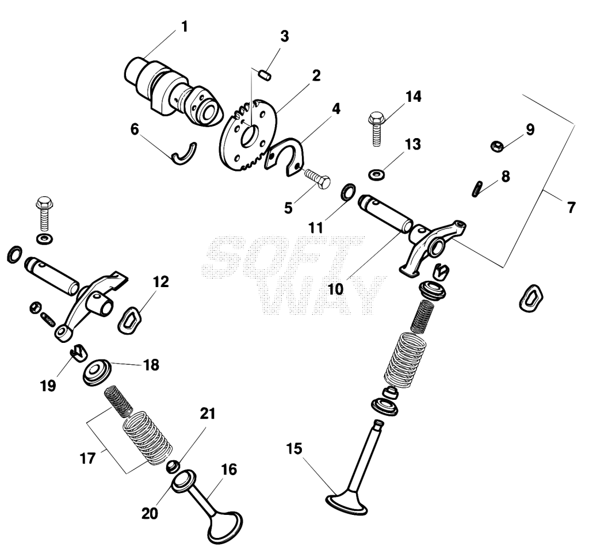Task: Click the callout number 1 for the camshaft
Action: click(184, 27)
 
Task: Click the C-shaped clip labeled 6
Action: click(184, 154)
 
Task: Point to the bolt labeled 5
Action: click(318, 178)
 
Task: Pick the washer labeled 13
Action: click(376, 175)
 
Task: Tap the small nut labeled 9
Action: click(498, 146)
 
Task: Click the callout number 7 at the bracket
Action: click(571, 207)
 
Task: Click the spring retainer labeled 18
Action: click(97, 372)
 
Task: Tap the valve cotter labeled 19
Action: click(78, 352)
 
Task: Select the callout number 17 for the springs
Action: click(87, 458)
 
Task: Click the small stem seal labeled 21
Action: click(173, 467)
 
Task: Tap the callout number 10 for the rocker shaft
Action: click(335, 289)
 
